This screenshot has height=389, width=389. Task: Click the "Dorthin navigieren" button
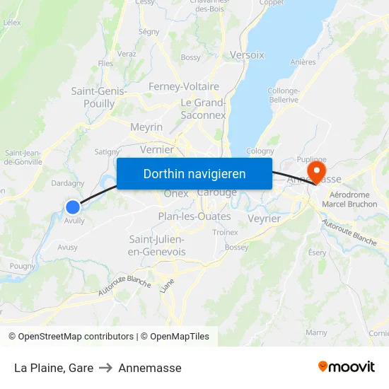tap(194, 173)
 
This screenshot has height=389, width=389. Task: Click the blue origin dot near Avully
tap(73, 207)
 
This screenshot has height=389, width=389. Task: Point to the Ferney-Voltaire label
tap(184, 86)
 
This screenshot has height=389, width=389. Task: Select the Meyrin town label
tap(146, 127)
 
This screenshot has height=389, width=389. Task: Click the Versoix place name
tap(247, 54)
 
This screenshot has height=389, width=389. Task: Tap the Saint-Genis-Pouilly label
tap(99, 97)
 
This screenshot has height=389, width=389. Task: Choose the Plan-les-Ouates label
tap(194, 216)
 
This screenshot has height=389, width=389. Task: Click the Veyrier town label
tap(265, 219)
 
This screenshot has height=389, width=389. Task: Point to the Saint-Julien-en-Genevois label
tap(157, 245)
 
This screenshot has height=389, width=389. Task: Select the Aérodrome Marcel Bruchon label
tap(353, 199)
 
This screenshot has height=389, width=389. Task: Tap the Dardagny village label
tap(68, 183)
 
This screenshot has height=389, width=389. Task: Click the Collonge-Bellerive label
tap(283, 95)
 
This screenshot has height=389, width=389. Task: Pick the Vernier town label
tap(157, 149)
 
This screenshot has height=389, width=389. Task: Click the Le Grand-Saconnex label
tap(203, 109)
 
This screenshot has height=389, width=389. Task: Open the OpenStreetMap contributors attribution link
tap(76, 337)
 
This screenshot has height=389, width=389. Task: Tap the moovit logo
tap(347, 367)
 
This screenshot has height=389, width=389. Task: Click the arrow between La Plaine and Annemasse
tap(106, 368)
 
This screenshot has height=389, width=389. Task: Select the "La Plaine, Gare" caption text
tap(54, 368)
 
